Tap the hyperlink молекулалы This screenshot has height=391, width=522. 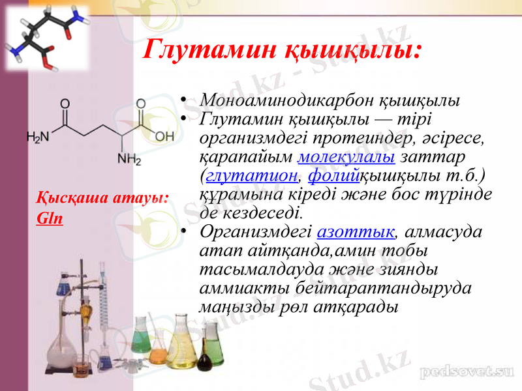(x=346, y=157)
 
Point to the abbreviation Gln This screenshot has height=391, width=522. (x=50, y=218)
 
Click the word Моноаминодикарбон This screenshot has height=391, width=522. (x=286, y=101)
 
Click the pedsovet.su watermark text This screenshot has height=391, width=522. (x=467, y=372)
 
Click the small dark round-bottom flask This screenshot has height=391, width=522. (x=206, y=358)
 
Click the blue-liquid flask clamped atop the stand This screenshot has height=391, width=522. (x=64, y=285)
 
